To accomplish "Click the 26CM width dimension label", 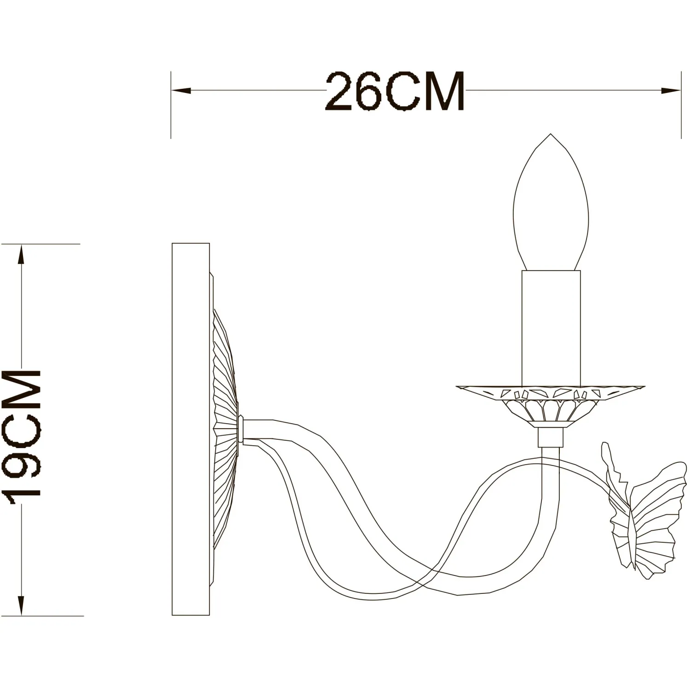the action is (x=395, y=91).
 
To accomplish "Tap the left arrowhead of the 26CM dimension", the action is (x=181, y=91).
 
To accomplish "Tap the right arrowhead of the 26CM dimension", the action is (x=671, y=91).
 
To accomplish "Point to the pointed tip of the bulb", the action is (x=551, y=134).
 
